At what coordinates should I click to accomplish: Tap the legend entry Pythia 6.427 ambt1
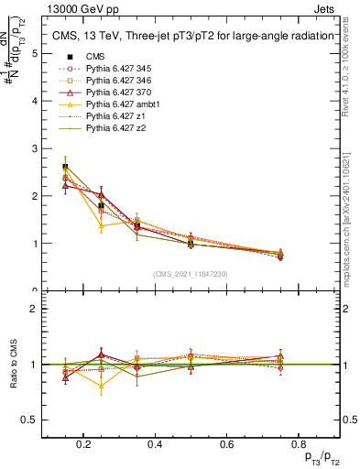click(x=118, y=104)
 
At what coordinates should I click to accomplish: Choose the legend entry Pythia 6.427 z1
click(x=113, y=116)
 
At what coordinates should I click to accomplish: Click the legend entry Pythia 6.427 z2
click(x=113, y=128)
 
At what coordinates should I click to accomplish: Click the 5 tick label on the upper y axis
click(x=34, y=53)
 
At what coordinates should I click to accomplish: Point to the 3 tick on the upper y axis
click(x=34, y=148)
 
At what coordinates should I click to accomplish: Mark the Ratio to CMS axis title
click(x=14, y=365)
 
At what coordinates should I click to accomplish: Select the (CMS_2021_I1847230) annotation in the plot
click(x=191, y=274)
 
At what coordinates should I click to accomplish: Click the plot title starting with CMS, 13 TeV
click(x=191, y=37)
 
